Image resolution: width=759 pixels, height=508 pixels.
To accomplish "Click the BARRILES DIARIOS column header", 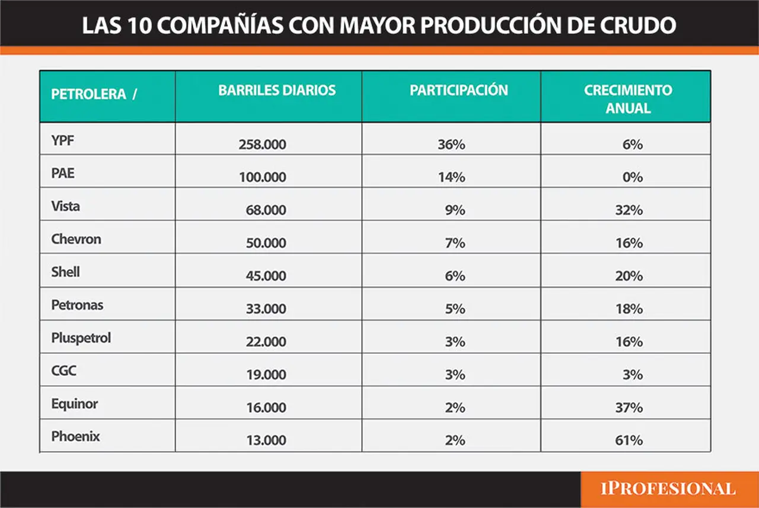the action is coord(277,91).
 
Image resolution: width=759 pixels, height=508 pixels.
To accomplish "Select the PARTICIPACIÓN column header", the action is coord(459,91).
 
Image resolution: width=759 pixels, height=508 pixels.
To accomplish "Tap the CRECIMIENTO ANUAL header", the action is coord(628,99).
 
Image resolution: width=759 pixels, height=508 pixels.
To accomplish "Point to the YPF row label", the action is coord(63,140).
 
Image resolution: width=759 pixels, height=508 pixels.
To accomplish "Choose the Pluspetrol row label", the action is coord(81,338).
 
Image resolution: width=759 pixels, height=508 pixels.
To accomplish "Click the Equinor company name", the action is coord(75,404).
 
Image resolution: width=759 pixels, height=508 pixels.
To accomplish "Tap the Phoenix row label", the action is coord(75,436).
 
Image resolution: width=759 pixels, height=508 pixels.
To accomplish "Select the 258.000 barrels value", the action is coord(262,145).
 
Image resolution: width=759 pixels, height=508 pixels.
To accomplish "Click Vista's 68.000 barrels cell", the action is coord(266,210).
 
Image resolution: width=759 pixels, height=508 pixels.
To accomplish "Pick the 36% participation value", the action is coord(451,145).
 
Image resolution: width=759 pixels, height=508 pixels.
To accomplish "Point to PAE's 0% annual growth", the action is coord(633,177).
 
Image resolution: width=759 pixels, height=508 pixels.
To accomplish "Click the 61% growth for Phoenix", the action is coord(629,440).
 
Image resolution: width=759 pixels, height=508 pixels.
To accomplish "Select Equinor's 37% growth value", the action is coord(629,408).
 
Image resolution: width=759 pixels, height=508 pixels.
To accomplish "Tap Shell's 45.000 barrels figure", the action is coord(266,276).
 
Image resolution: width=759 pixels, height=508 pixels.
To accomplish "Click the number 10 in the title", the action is coord(140,25).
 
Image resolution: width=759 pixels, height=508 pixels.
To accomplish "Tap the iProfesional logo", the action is coord(668,489).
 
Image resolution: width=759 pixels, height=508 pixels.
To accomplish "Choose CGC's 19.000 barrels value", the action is coord(266,375).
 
